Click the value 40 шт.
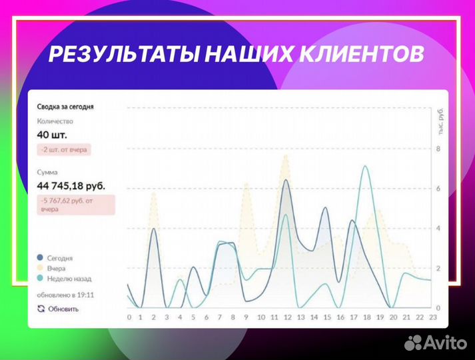[52, 135]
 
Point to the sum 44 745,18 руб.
[71, 185]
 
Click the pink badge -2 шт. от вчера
[64, 150]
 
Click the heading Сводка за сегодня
[65, 106]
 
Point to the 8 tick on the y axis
[438, 148]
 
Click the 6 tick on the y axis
[438, 188]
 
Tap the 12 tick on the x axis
[287, 317]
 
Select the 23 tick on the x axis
[432, 317]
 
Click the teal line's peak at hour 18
[365, 166]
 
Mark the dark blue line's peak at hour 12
[286, 180]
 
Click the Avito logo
[436, 342]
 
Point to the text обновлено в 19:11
[65, 293]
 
